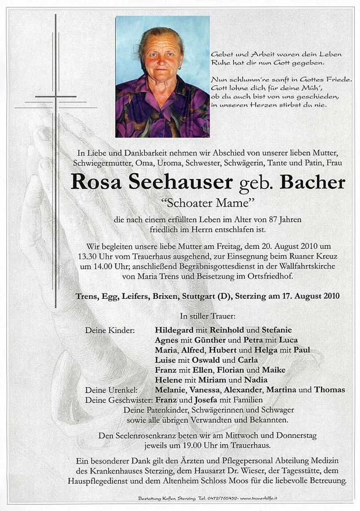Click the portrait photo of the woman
pyautogui.click(x=162, y=77)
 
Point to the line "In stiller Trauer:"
pyautogui.click(x=207, y=315)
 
